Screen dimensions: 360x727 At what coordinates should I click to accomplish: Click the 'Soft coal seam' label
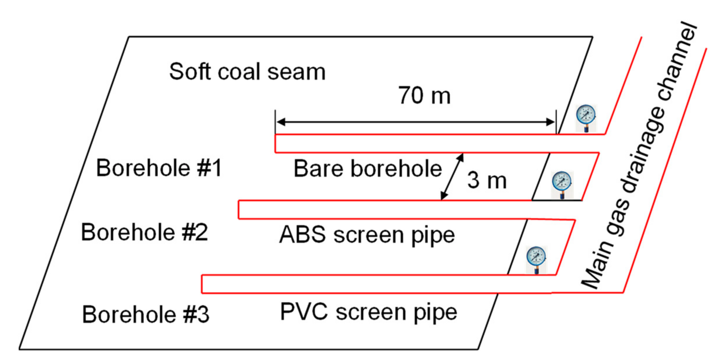pyautogui.click(x=247, y=72)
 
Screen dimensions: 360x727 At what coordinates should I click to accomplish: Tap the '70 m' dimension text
pyautogui.click(x=424, y=96)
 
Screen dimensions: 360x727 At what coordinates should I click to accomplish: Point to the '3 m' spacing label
pyautogui.click(x=487, y=180)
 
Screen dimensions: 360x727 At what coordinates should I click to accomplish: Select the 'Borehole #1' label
pyautogui.click(x=159, y=168)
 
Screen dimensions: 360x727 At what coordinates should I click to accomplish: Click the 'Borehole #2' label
pyautogui.click(x=144, y=232)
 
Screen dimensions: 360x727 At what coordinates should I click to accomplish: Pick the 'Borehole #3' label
pyautogui.click(x=146, y=315)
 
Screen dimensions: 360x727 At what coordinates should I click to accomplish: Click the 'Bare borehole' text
pyautogui.click(x=368, y=169)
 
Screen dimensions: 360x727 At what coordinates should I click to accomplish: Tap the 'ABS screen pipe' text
pyautogui.click(x=367, y=235)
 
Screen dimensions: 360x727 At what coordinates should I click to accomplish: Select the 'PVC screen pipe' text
pyautogui.click(x=368, y=312)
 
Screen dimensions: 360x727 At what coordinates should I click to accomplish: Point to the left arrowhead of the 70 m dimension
pyautogui.click(x=280, y=122)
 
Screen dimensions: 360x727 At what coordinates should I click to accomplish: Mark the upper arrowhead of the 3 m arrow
pyautogui.click(x=461, y=157)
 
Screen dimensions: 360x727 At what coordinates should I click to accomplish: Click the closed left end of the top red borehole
pyautogui.click(x=275, y=143)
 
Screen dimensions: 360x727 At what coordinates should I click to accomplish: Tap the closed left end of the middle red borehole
pyautogui.click(x=239, y=210)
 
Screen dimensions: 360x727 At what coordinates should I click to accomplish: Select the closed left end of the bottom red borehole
pyautogui.click(x=202, y=284)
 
